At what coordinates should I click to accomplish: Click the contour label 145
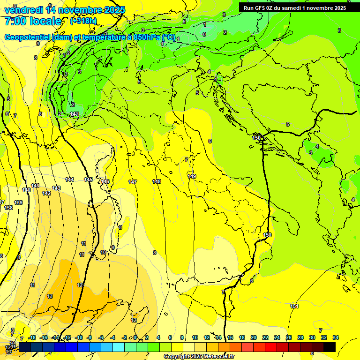pyautogui.click(x=88, y=180)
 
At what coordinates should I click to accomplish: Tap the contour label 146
pyautogui.click(x=105, y=181)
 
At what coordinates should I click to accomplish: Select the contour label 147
pyautogui.click(x=133, y=181)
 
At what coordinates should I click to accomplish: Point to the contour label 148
pyautogui.click(x=157, y=181)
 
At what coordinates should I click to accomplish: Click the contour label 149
pyautogui.click(x=192, y=176)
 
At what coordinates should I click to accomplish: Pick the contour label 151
pyautogui.click(x=294, y=306)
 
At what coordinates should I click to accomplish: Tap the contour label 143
pyautogui.click(x=56, y=188)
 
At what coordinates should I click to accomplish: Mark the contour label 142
pyautogui.click(x=46, y=193)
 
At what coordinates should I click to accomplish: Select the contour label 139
pyautogui.click(x=18, y=202)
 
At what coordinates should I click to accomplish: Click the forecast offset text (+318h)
pyautogui.click(x=83, y=21)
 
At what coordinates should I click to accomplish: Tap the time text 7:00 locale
pyautogui.click(x=33, y=21)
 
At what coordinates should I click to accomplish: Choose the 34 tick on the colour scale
pyautogui.click(x=336, y=337)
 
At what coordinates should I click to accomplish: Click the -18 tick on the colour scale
pyautogui.click(x=32, y=337)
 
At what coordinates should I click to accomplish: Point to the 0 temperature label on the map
pyautogui.click(x=204, y=34)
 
